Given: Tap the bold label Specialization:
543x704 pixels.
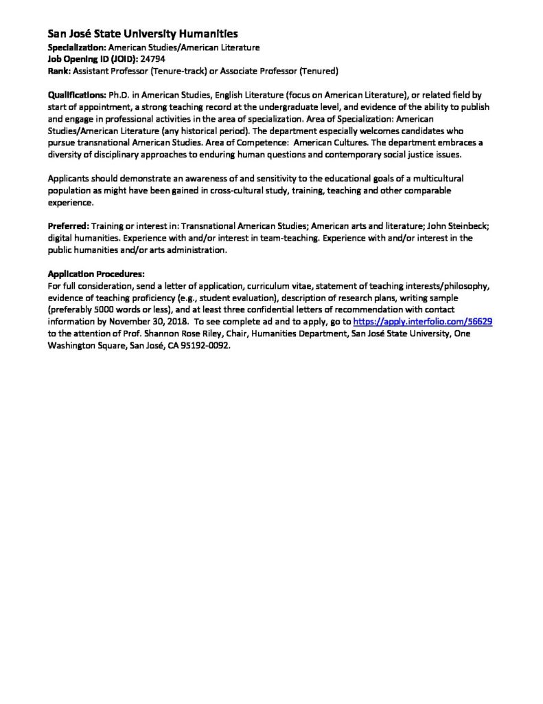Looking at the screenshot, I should coord(76,47).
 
